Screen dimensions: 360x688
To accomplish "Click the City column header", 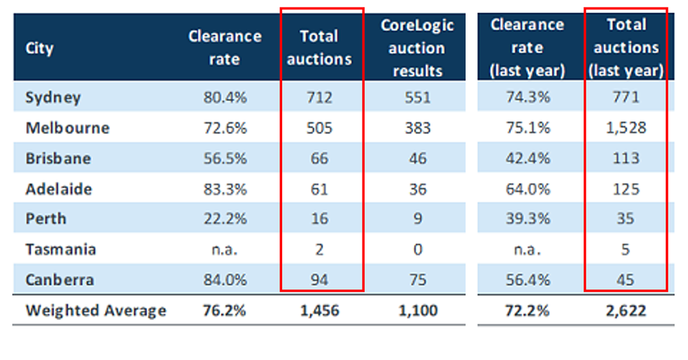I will coord(39,49).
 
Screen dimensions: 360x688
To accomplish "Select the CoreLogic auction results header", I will coord(417,48).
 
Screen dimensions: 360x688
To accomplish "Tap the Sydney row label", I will coord(53,98).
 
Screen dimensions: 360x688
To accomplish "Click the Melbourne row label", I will coord(67,128).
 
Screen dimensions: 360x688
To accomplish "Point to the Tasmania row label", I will coord(61,249).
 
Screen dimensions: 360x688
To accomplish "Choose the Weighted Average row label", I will coord(96,310).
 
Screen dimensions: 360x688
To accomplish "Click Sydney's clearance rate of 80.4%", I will coord(224,98).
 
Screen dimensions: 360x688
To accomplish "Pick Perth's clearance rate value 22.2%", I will coord(224,219).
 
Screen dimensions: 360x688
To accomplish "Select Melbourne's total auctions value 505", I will coord(319,128).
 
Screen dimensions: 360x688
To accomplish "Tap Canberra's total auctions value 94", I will coord(319,280).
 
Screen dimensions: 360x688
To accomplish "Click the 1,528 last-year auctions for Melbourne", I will coord(625,128).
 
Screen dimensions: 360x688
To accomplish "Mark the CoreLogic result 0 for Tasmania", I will coord(417,249).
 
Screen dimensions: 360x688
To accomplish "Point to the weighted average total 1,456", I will coord(319,310).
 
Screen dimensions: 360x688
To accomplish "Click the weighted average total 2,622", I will coord(625,310).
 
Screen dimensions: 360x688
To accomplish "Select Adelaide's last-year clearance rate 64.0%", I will coord(527,189).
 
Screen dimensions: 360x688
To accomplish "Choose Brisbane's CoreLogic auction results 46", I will coord(417,158).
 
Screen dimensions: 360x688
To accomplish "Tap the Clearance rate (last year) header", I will coord(527,48).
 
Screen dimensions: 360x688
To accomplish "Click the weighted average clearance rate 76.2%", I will coord(224,310).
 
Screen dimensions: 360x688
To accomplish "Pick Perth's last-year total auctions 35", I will coord(625,219).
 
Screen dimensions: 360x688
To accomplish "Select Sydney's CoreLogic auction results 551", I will coord(417,98).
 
